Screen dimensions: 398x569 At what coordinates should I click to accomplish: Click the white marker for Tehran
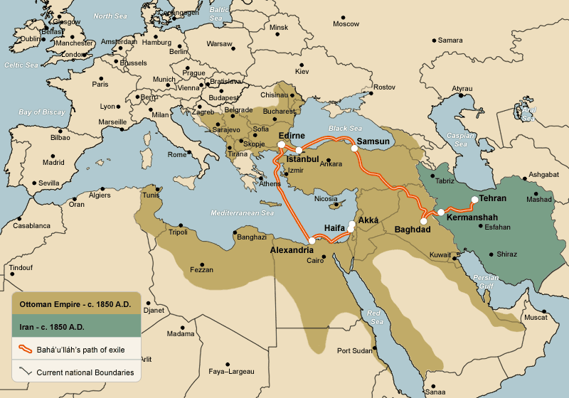click(x=474, y=200)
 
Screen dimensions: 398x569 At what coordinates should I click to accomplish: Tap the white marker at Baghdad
click(x=424, y=221)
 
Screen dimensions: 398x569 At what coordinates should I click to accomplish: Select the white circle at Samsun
click(x=354, y=149)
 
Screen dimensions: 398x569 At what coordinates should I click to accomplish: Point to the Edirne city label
click(x=292, y=136)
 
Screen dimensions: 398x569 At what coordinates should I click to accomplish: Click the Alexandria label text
click(x=292, y=250)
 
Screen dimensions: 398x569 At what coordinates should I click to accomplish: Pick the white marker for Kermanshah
click(x=441, y=212)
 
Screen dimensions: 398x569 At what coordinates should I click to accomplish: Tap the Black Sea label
click(x=346, y=129)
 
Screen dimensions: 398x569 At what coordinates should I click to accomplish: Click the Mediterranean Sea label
click(x=242, y=213)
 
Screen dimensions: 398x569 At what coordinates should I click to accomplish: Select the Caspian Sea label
click(x=455, y=139)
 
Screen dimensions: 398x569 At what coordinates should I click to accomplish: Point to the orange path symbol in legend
click(x=25, y=349)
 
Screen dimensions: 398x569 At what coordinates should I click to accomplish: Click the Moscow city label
click(x=346, y=23)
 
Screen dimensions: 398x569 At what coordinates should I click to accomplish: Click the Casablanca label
click(x=32, y=225)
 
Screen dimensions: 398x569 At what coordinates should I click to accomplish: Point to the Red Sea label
click(x=374, y=317)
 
